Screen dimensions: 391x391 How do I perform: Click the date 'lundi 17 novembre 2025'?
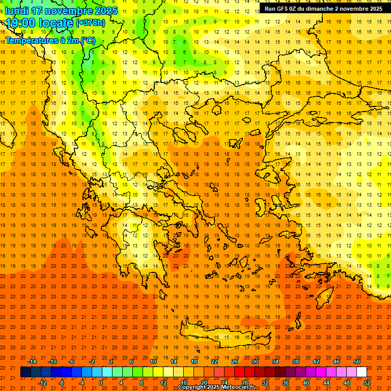tap(61, 11)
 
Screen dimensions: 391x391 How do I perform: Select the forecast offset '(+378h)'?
tap(91, 23)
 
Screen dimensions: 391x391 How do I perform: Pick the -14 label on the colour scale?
tap(33, 361)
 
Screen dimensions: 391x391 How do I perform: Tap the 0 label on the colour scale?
tap(100, 383)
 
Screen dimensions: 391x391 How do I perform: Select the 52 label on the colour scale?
tap(368, 383)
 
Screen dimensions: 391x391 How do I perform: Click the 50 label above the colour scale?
tap(357, 361)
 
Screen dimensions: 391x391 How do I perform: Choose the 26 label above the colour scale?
tap(235, 361)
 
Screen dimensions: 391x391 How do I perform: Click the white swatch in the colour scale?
tap(361, 372)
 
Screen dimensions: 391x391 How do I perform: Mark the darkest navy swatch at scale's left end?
tap(25, 372)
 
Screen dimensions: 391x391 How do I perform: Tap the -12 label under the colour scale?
tap(43, 383)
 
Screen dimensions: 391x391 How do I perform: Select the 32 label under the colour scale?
tap(266, 383)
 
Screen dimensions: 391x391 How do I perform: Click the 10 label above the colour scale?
tap(153, 361)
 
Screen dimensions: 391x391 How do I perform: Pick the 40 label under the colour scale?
tap(306, 383)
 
